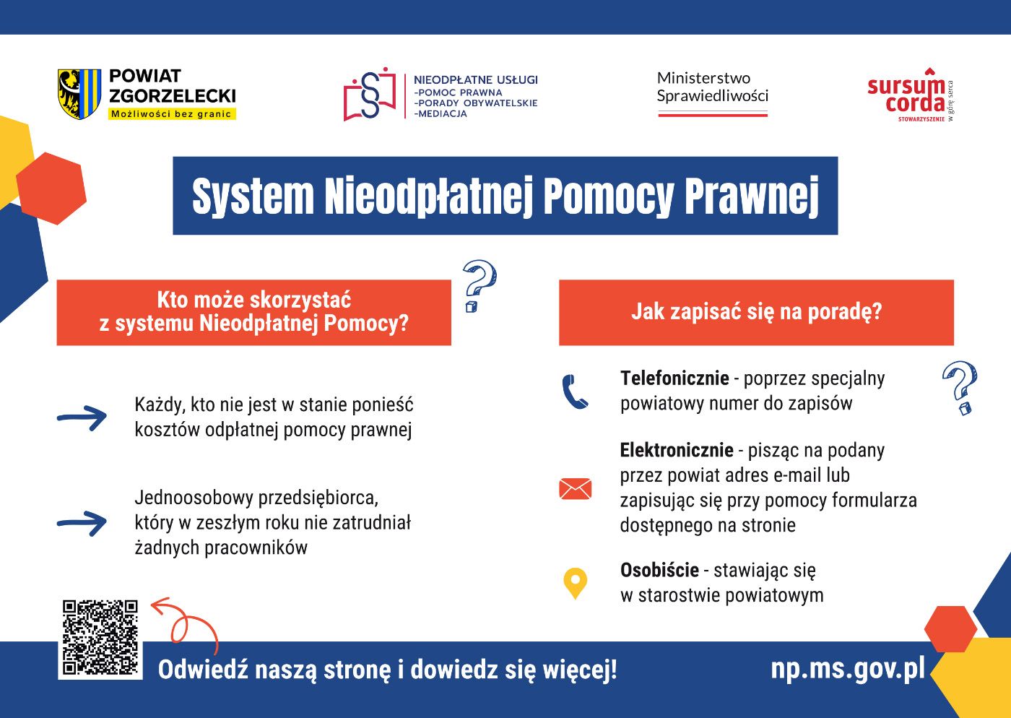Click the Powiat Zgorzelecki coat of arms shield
(79, 94)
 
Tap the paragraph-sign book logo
(370, 94)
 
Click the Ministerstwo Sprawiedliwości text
(712, 87)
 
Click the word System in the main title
(253, 196)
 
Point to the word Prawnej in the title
(752, 196)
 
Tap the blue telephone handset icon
(575, 392)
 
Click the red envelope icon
(575, 488)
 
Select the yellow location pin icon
(575, 583)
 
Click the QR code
(100, 638)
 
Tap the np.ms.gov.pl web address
(848, 668)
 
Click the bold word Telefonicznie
(674, 379)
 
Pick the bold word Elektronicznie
(677, 450)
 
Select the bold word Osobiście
(659, 570)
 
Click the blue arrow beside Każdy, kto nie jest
(82, 418)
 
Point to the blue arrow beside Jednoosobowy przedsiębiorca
(82, 524)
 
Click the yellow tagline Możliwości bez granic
(172, 114)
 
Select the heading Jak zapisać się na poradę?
(757, 311)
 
